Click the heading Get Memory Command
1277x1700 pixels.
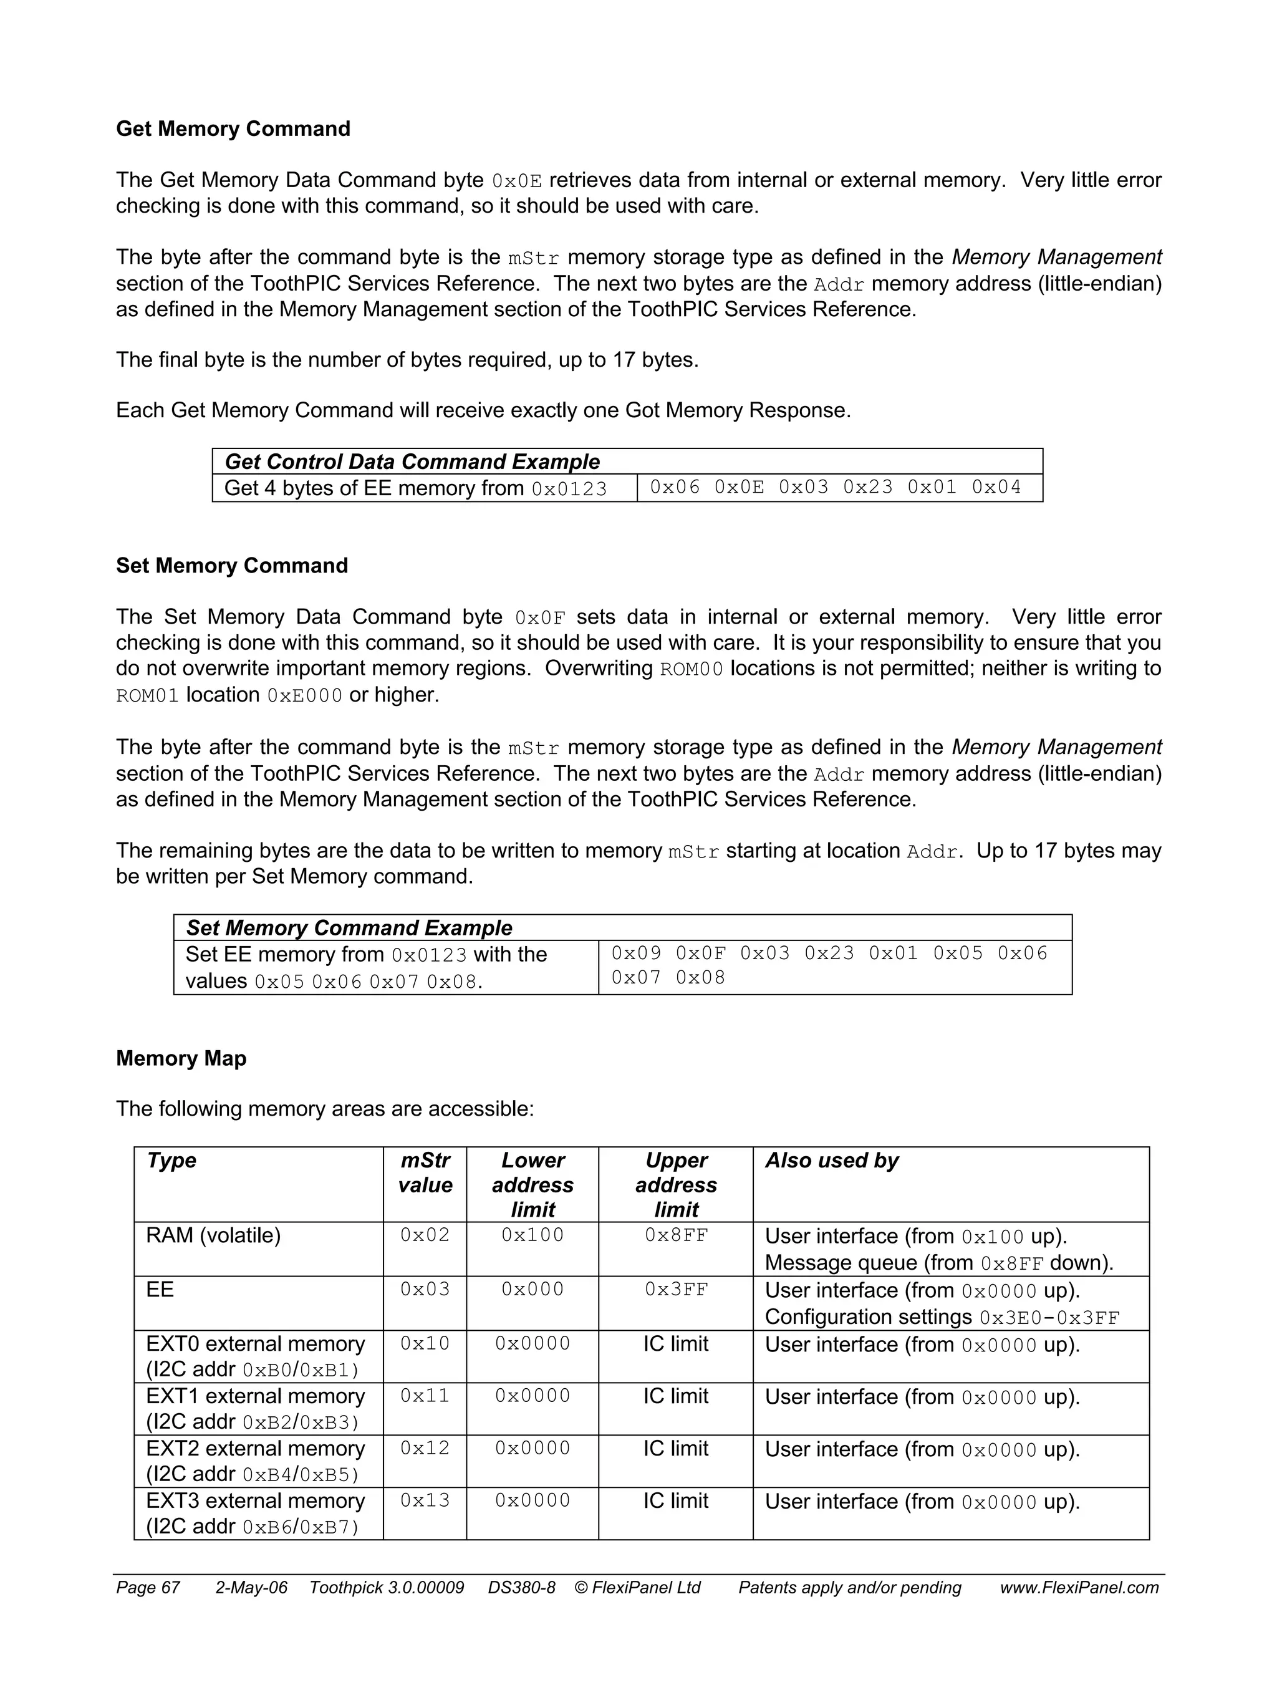tap(233, 128)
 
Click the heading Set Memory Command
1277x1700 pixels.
tap(231, 566)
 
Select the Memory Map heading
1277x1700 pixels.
tap(181, 1058)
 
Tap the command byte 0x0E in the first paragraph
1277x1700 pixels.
tap(516, 181)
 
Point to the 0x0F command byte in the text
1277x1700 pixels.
tap(539, 618)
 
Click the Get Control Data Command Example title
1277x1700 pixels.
tap(412, 462)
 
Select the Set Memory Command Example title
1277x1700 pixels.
tap(349, 929)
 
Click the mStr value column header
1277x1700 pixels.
tap(425, 1173)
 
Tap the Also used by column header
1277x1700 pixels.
tap(831, 1161)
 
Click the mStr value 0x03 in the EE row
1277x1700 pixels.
tap(425, 1289)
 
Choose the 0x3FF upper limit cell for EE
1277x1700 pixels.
tap(676, 1289)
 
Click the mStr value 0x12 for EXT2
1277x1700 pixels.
tap(425, 1448)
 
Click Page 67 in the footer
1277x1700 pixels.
tap(148, 1588)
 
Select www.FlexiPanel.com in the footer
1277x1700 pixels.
tap(1079, 1588)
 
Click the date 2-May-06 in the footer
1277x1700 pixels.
tap(251, 1588)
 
